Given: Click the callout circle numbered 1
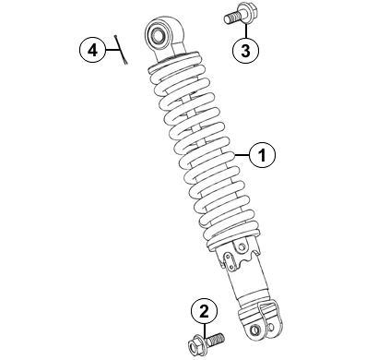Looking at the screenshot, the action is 262,155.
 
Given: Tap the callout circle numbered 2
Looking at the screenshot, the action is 204,311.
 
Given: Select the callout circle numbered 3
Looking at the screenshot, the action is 245,51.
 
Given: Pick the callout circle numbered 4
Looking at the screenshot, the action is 93,50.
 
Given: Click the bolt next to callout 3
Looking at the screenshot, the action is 236,15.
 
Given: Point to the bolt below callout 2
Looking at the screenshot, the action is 206,342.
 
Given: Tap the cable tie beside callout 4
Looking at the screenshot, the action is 121,50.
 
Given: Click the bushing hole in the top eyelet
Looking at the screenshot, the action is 159,34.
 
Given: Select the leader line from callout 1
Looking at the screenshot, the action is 242,155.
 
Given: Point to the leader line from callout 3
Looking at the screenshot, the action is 245,30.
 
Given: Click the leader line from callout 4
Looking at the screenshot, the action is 112,50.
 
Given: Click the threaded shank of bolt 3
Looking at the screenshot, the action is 230,18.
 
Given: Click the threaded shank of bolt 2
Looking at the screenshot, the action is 216,339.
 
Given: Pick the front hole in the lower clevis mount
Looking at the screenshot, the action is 254,330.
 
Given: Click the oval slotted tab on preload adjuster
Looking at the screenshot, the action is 229,261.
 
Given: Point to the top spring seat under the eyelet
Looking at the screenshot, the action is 174,62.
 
